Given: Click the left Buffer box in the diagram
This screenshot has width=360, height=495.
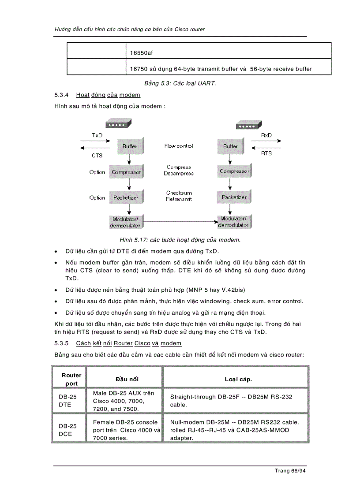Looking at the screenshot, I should pyautogui.click(x=129, y=146).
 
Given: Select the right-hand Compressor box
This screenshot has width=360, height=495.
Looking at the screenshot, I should pyautogui.click(x=234, y=171).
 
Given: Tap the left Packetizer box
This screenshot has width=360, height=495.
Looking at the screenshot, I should pyautogui.click(x=126, y=197).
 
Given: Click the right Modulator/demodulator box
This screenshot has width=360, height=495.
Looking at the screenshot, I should pyautogui.click(x=233, y=222).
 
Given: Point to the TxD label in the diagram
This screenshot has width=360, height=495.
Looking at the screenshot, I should pyautogui.click(x=97, y=135).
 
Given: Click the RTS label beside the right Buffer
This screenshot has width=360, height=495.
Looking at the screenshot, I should pyautogui.click(x=266, y=153).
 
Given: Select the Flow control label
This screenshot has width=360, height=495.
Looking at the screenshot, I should pyautogui.click(x=179, y=146).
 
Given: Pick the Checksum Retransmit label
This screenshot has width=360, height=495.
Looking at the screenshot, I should pyautogui.click(x=179, y=196).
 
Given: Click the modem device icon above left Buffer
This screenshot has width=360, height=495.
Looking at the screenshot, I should pyautogui.click(x=116, y=125).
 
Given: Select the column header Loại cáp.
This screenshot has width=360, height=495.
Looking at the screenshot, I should pyautogui.click(x=238, y=379).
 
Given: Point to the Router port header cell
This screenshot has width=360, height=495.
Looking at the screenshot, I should pyautogui.click(x=71, y=379).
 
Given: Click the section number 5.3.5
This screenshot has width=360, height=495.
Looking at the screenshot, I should pyautogui.click(x=62, y=343).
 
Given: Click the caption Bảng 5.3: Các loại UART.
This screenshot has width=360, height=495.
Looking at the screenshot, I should pyautogui.click(x=180, y=83).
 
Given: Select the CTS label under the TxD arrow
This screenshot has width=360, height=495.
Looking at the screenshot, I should pyautogui.click(x=97, y=155).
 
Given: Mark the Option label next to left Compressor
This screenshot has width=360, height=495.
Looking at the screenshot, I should pyautogui.click(x=97, y=172).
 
